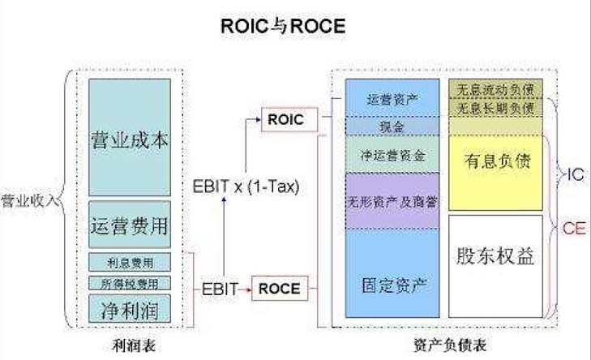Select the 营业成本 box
pos(130,138)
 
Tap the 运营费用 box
pos(130,225)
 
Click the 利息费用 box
pos(130,262)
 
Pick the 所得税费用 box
pos(130,283)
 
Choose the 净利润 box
pos(130,307)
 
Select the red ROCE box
pos(278,288)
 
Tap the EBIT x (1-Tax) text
pos(245,187)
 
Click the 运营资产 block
pos(391,98)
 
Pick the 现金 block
pos(391,126)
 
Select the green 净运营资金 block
pos(392,153)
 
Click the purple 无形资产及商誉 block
pos(392,199)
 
